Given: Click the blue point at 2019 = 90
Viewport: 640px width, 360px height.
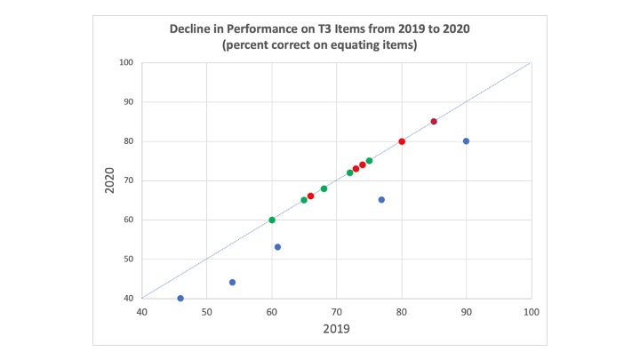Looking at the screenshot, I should click(x=466, y=141).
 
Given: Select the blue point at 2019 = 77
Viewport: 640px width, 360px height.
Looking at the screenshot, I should click(x=381, y=200).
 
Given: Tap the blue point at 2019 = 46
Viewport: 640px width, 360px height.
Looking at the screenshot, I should click(x=180, y=299).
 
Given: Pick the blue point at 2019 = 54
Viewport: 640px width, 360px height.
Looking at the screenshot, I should click(x=232, y=283).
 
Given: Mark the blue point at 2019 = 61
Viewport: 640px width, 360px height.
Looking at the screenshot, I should click(x=277, y=247).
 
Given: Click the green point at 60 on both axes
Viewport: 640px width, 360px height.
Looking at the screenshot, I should click(x=272, y=220).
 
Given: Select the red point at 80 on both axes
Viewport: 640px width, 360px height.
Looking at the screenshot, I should click(x=402, y=141).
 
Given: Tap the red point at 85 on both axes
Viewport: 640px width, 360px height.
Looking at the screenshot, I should click(x=434, y=122).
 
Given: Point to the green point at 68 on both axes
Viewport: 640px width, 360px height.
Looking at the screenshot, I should click(x=324, y=188).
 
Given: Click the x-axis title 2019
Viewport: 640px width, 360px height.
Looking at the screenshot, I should click(x=336, y=329).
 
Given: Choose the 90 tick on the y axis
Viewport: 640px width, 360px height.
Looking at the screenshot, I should click(x=127, y=101).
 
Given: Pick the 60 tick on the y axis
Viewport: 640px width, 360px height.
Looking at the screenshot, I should click(x=127, y=220).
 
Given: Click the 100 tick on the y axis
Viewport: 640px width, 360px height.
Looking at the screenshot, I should click(x=125, y=62).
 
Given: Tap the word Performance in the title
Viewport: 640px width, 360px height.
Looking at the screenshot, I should click(x=261, y=29).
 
